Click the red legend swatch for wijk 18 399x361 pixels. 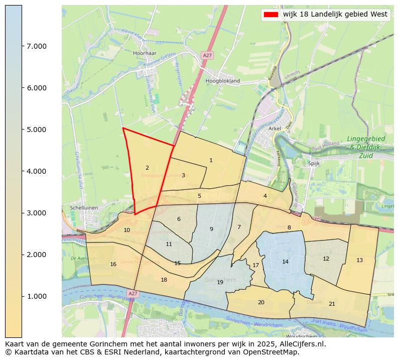pos(270,15)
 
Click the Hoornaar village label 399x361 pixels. pos(146,53)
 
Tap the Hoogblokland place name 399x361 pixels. pos(223,80)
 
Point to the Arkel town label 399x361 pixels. pos(275,129)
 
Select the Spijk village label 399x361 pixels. pos(314,163)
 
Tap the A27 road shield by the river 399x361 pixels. pos(132,293)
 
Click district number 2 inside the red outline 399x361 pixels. pos(147,168)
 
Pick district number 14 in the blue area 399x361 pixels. pos(285,262)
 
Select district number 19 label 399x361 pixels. pos(220,282)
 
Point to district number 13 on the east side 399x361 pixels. pos(359,260)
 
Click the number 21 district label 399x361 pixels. pos(332,304)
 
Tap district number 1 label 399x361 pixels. pos(211,160)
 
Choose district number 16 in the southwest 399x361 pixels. pos(113,264)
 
